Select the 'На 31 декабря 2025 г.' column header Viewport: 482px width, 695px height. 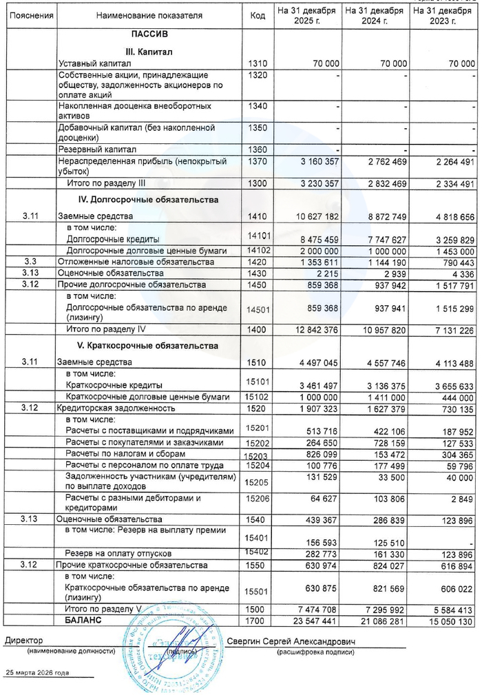point(306,14)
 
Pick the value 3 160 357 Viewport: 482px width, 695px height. point(314,161)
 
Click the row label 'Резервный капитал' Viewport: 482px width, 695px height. point(96,149)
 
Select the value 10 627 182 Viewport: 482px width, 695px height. point(313,216)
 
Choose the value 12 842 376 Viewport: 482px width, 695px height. point(313,330)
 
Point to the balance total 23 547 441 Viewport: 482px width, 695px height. point(313,621)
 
